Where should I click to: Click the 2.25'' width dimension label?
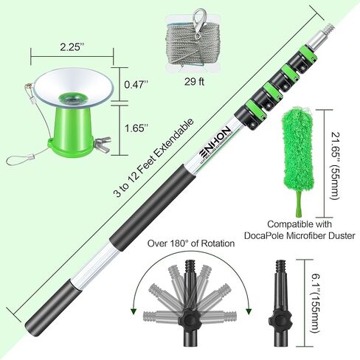pyautogui.click(x=71, y=47)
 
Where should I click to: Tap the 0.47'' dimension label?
pyautogui.click(x=136, y=85)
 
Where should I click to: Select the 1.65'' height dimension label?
pyautogui.click(x=136, y=128)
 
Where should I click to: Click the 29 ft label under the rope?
pyautogui.click(x=194, y=82)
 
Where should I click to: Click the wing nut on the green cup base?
pyautogui.click(x=103, y=142)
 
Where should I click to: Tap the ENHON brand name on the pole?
pyautogui.click(x=215, y=141)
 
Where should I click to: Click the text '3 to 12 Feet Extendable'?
pyautogui.click(x=153, y=159)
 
